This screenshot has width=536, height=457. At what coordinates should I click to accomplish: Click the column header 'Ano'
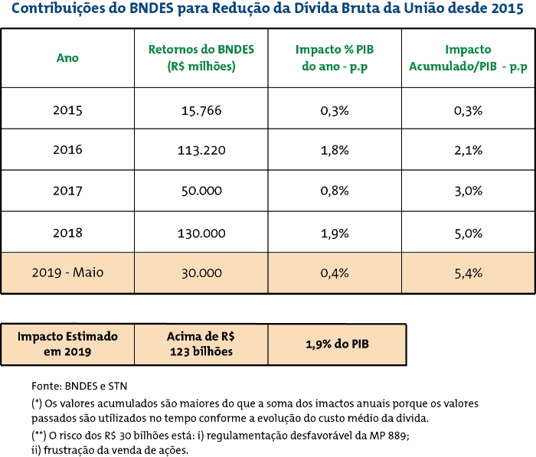(67, 57)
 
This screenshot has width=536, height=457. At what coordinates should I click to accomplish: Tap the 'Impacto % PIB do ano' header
(335, 57)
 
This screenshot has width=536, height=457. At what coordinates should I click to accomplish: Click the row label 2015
(67, 110)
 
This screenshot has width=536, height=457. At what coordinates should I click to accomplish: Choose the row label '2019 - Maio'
(67, 273)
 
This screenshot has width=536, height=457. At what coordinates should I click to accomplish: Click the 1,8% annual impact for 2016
(335, 150)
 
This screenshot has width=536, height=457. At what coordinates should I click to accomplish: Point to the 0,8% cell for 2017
(335, 191)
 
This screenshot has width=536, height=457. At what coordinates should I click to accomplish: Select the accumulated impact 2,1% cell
(467, 150)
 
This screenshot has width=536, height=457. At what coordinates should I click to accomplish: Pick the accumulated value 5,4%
(467, 273)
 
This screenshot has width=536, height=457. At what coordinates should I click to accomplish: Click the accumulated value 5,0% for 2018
(467, 231)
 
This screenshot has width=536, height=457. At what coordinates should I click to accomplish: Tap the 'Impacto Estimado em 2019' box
(67, 344)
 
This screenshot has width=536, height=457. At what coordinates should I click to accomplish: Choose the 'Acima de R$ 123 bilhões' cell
(201, 344)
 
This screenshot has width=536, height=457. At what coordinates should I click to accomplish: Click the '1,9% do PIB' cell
(335, 344)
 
